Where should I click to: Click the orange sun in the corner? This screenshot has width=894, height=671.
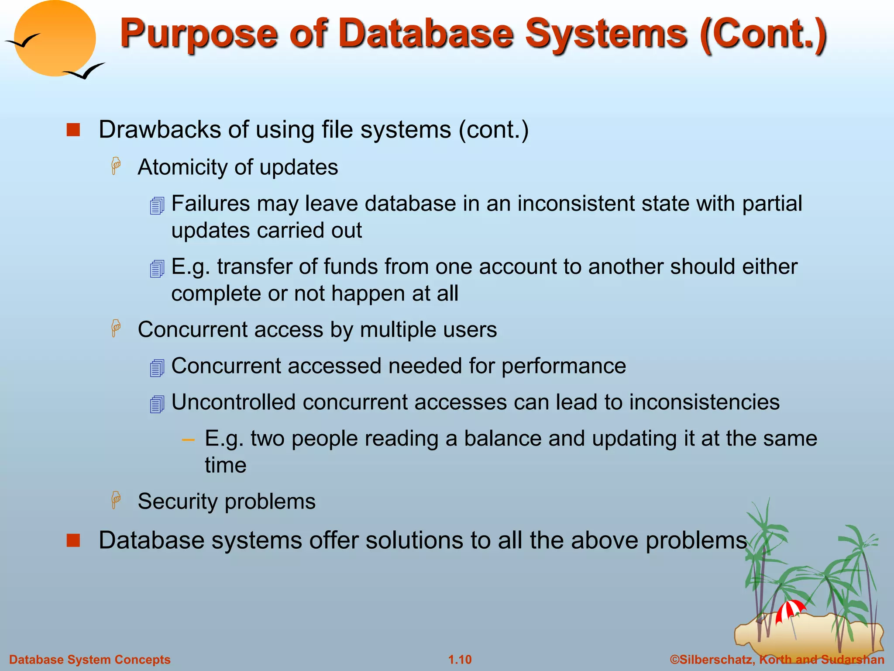(55, 38)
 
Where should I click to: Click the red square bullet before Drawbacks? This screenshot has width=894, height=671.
(73, 130)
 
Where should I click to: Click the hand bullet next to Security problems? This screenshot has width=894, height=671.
(116, 500)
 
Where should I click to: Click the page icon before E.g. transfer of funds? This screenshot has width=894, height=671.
(157, 268)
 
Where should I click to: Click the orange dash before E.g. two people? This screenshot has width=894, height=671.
(188, 439)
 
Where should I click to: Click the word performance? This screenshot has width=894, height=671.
(564, 366)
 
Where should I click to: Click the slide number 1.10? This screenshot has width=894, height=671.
(460, 660)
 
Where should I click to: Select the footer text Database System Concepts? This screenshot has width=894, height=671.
(90, 660)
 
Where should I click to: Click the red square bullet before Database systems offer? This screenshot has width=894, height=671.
(73, 540)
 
